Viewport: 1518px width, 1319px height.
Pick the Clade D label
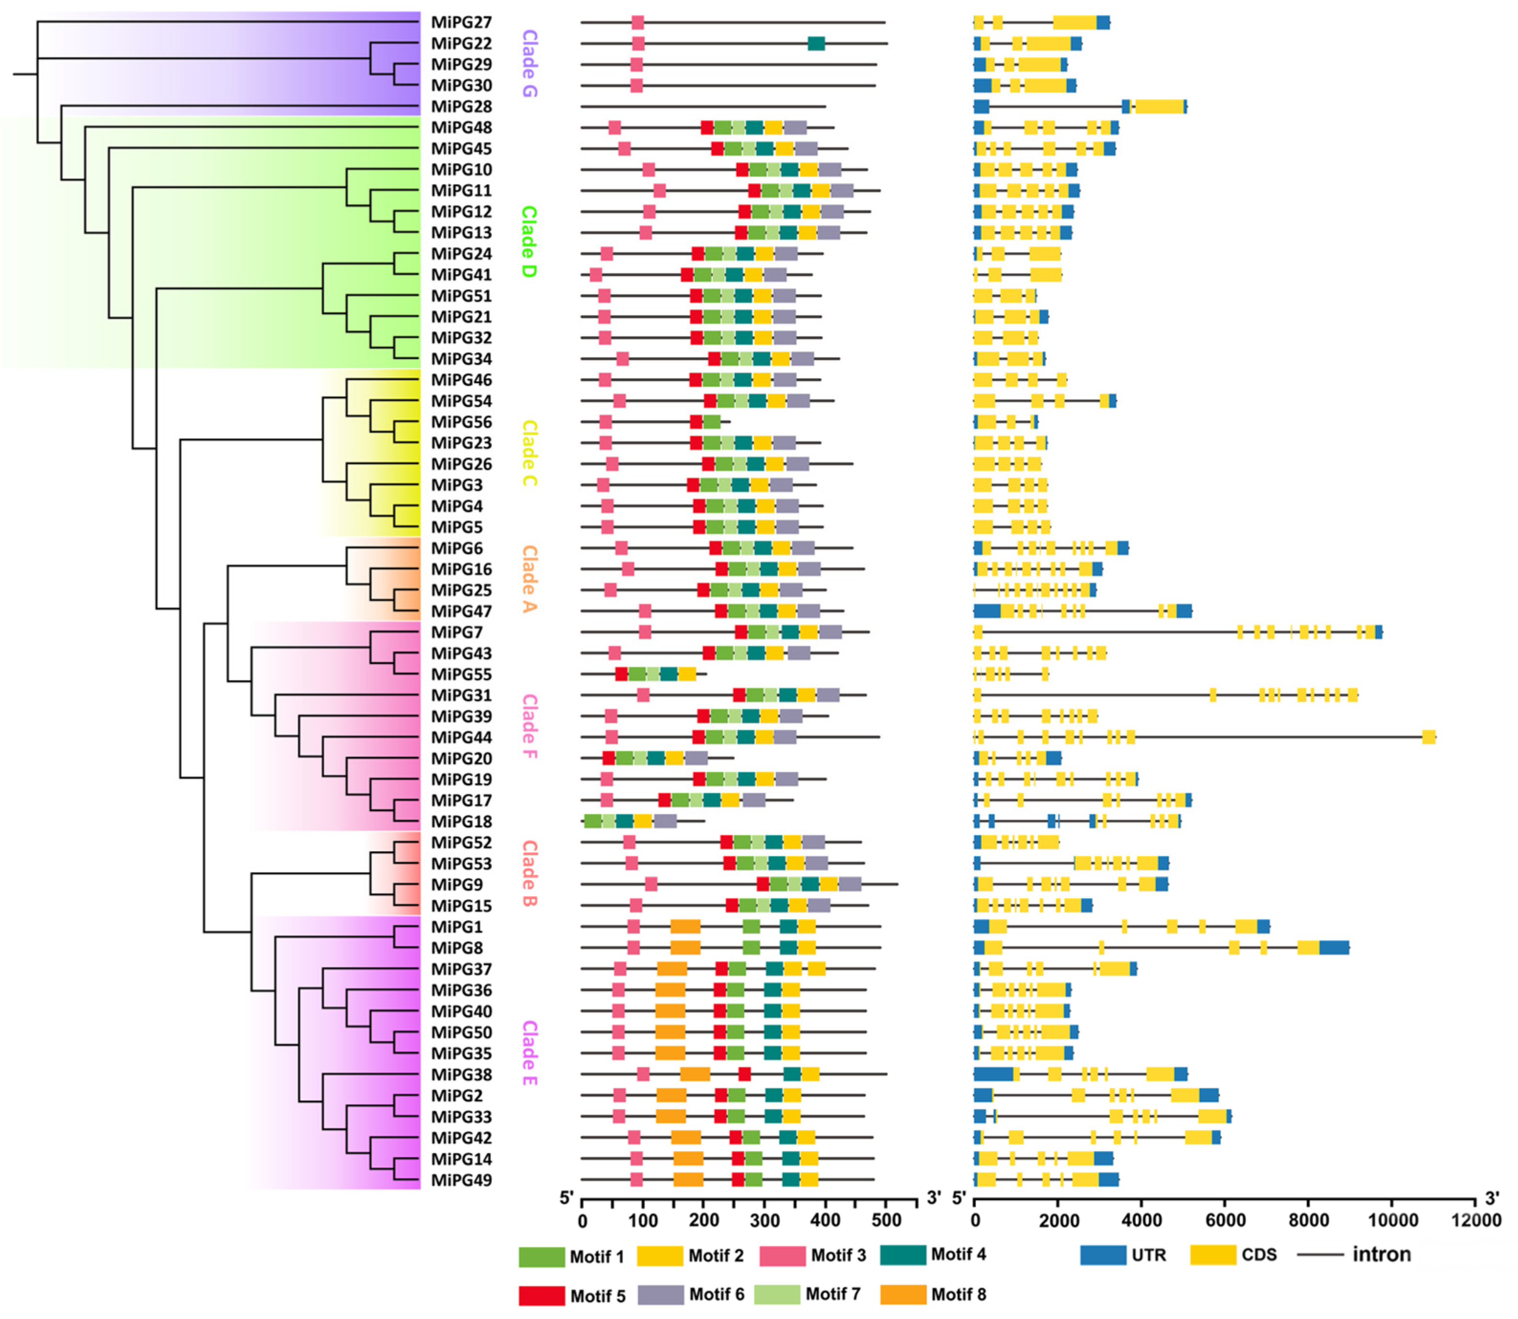[529, 242]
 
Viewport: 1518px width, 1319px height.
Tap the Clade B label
[529, 874]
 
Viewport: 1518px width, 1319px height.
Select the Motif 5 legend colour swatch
[541, 1296]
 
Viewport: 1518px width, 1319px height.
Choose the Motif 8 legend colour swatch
[903, 1294]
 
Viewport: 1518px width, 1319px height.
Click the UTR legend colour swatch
[1103, 1255]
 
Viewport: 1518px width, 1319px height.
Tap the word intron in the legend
[1381, 1254]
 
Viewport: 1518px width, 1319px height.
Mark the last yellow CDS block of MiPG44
[1429, 737]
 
